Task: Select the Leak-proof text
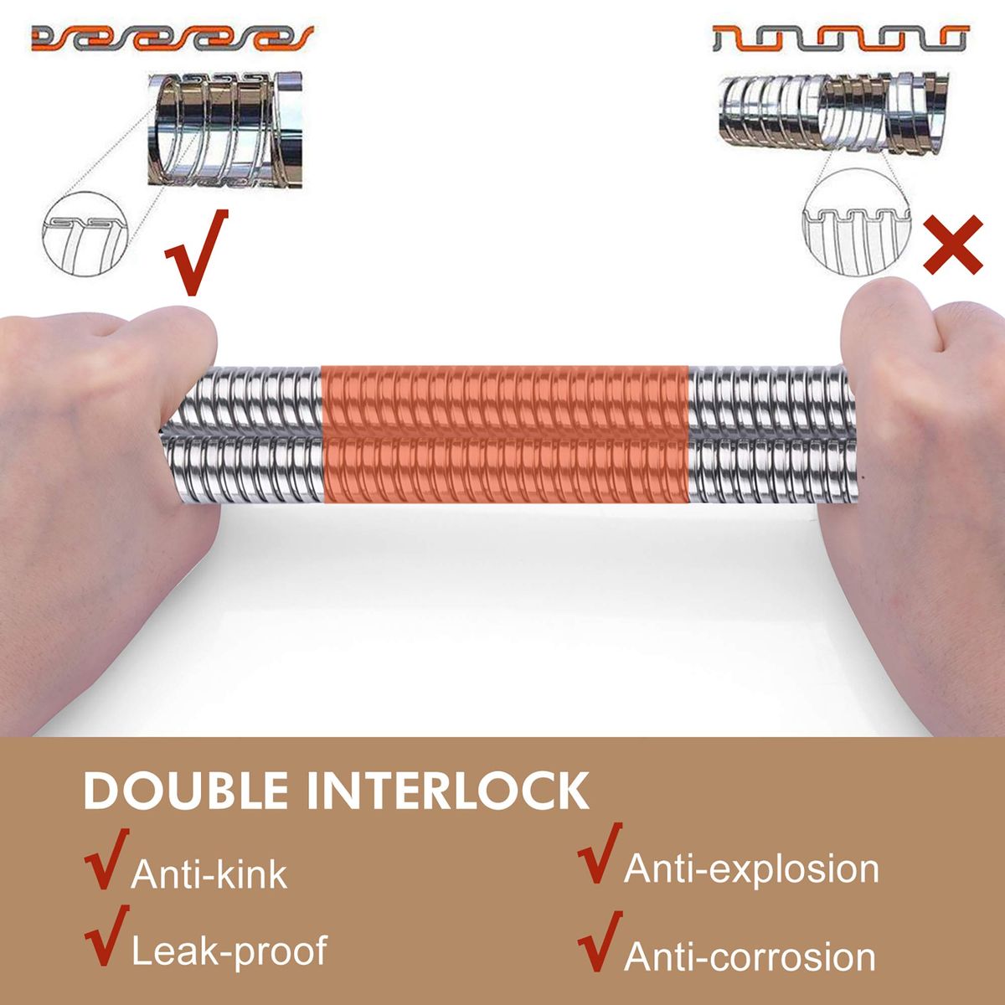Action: click(229, 951)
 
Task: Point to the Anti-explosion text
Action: click(751, 870)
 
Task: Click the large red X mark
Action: click(953, 245)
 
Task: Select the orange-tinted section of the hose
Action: click(505, 434)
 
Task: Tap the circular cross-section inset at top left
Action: click(85, 234)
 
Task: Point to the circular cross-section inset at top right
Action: click(857, 222)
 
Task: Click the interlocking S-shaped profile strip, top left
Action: click(173, 38)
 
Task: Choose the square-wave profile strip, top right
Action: click(841, 38)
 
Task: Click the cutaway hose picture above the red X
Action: click(832, 113)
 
